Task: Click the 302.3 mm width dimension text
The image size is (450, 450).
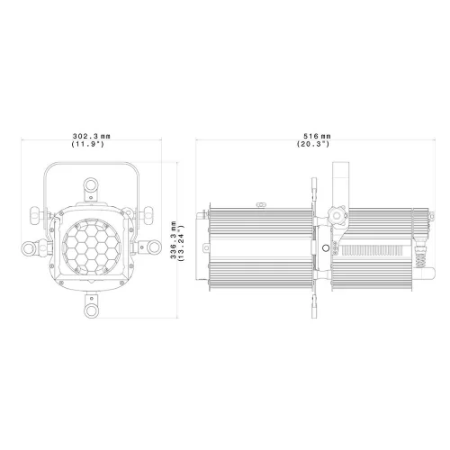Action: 92,136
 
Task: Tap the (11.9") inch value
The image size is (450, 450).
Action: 87,144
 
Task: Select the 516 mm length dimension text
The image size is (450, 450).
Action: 317,136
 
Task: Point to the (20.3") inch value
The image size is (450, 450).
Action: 313,144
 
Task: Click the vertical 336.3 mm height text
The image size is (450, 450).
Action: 174,240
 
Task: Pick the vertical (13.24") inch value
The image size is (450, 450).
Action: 181,243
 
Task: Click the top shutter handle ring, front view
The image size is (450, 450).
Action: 91,184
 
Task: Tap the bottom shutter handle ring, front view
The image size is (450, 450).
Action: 91,310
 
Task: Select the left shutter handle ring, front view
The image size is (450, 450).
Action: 29,248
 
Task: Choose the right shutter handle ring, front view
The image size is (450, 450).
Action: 154,247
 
